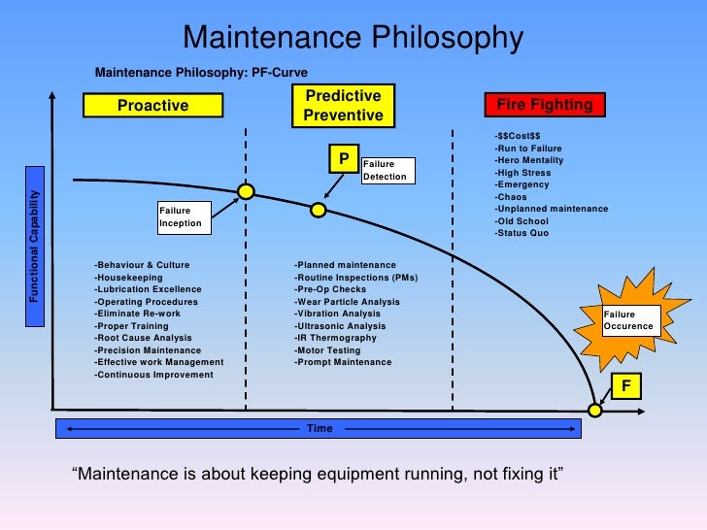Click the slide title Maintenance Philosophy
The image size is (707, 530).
click(353, 38)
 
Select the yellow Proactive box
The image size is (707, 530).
click(152, 105)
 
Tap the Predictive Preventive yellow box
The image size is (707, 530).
click(344, 106)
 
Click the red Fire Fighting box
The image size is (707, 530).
click(544, 105)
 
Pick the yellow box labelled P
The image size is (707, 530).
click(344, 158)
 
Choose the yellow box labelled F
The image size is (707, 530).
click(626, 386)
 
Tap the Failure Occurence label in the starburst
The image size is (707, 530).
click(630, 320)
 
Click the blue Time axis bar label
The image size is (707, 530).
click(320, 428)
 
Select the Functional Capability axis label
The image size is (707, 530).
click(35, 246)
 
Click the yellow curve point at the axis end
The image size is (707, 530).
click(595, 410)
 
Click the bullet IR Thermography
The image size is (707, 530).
click(335, 338)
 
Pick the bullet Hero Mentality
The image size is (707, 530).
click(528, 160)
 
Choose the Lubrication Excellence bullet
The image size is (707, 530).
click(148, 289)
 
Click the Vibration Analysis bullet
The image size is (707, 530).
click(338, 314)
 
